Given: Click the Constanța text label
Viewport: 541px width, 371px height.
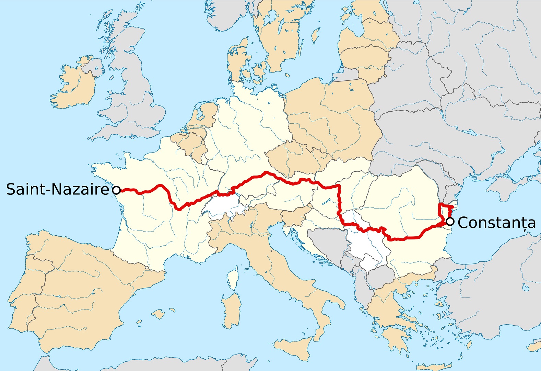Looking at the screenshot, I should (x=496, y=223).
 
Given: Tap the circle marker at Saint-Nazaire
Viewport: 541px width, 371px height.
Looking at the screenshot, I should (x=116, y=190).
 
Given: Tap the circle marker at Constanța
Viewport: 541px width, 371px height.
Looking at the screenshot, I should (x=450, y=222).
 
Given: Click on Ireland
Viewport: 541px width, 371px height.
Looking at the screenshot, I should (x=72, y=86).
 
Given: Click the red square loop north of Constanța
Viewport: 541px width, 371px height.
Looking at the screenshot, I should (x=446, y=210).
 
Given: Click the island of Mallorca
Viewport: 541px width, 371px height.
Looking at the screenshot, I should (x=158, y=313).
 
